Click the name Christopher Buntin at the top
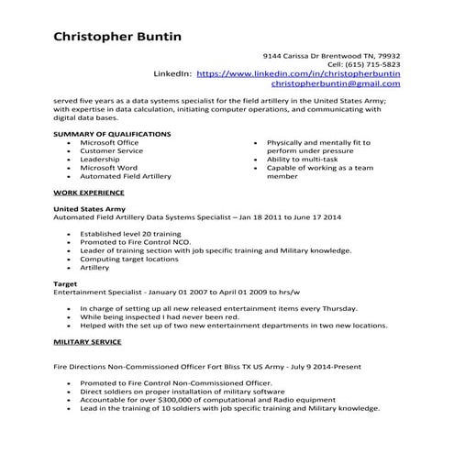[x=118, y=37]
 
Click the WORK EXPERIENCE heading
[x=89, y=194]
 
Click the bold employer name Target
[x=66, y=284]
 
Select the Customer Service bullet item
[x=111, y=151]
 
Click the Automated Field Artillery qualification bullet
[x=125, y=176]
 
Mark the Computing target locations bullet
[x=129, y=259]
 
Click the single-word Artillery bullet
[x=94, y=268]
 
